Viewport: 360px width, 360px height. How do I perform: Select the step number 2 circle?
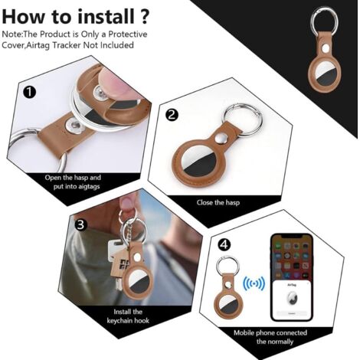(171, 115)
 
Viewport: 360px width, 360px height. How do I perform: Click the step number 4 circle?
(223, 245)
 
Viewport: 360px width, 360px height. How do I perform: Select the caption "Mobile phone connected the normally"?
(270, 337)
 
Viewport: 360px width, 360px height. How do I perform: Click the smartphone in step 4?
(293, 286)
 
